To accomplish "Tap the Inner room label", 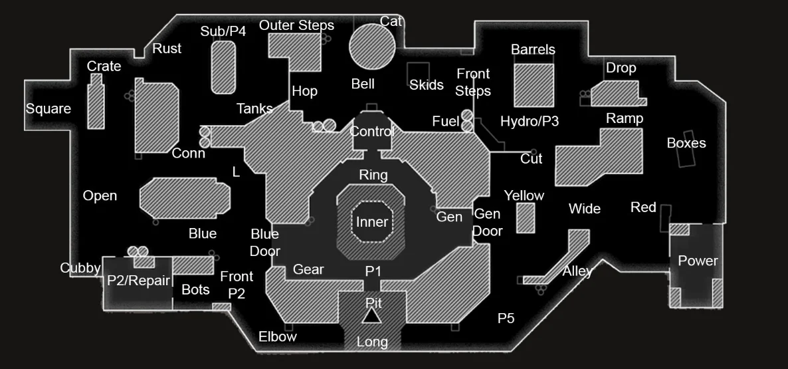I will coord(371,222).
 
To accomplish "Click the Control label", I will coord(372,132).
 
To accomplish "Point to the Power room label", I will coord(698,261).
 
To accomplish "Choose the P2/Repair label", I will coord(138,281).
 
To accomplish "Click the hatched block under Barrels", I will coord(534,85).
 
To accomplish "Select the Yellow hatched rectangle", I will coord(526,218).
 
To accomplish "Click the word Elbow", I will coord(278,336).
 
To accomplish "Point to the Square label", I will coord(49,109).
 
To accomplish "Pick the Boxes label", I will coord(686,143).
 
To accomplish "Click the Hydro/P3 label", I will coord(530,121).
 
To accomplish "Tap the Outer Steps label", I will coord(296,25).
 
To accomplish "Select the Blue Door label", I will coord(264,243).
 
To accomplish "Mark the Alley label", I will coord(577,271).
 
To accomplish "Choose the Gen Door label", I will coord(487,222).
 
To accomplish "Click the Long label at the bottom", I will coord(373,342).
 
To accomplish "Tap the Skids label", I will coord(427,84).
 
